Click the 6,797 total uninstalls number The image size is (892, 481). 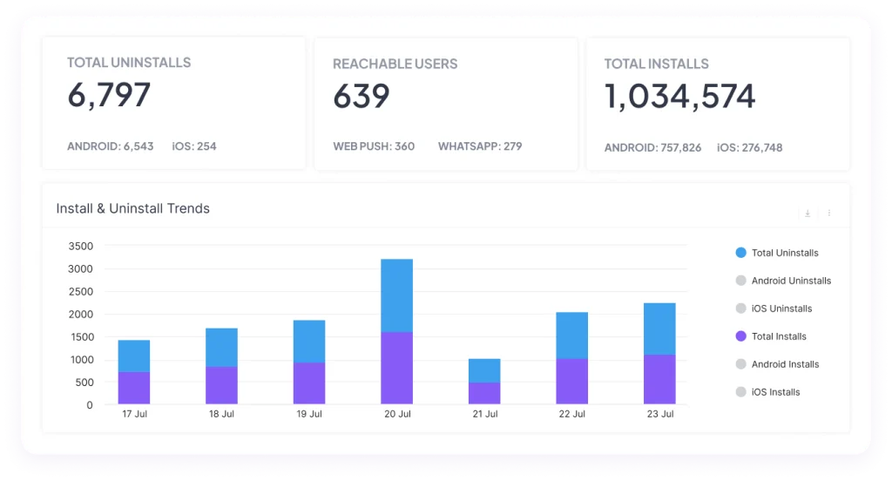[109, 94]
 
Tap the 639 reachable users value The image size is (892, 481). [362, 96]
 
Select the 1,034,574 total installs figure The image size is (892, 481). [679, 96]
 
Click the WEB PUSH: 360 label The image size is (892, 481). [374, 146]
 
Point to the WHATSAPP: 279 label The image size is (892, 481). [480, 146]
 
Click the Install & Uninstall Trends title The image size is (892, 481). [132, 208]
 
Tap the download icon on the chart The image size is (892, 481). [808, 213]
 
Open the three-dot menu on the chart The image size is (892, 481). [829, 213]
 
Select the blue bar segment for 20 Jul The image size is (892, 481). [397, 295]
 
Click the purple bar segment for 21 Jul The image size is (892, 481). [484, 393]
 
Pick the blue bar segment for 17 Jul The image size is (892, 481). [134, 356]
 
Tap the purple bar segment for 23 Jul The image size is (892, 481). [660, 379]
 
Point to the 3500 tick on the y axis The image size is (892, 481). [81, 247]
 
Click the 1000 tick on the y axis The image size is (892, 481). [81, 360]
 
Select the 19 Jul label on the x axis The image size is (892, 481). [309, 414]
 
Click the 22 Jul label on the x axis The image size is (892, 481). [571, 414]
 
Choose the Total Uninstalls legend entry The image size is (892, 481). [777, 253]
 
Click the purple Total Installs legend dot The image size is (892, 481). [740, 336]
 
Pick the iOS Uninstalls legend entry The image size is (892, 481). [774, 308]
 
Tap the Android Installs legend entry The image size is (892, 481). [777, 364]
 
